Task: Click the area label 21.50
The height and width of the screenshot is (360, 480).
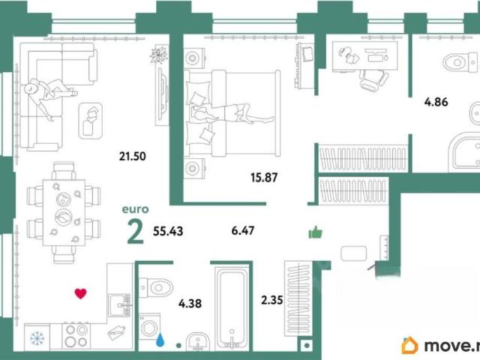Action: tap(133, 157)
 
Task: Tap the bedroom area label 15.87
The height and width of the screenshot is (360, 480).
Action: tap(264, 178)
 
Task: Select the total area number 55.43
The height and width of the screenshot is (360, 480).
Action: tap(168, 231)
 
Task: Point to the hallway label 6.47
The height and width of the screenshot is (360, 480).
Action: tap(243, 230)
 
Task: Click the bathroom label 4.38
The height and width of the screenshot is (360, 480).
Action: tap(190, 304)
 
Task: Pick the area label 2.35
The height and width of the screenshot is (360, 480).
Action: tap(271, 300)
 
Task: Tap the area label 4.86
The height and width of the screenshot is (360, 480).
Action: tap(436, 102)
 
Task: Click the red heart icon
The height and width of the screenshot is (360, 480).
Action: tap(80, 293)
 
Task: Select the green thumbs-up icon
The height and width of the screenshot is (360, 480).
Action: tap(315, 232)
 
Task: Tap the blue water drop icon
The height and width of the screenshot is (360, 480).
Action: tap(160, 340)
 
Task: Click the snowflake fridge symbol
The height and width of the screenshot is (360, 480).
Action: tap(37, 338)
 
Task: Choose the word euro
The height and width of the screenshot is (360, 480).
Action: tap(135, 210)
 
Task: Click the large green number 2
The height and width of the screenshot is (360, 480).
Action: tap(135, 232)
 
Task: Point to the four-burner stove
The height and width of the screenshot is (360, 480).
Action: tap(76, 336)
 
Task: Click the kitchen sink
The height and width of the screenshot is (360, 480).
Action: tap(120, 305)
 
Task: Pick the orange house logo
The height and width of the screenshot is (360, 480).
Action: tap(409, 346)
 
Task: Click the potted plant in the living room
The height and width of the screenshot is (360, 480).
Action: tap(159, 55)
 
